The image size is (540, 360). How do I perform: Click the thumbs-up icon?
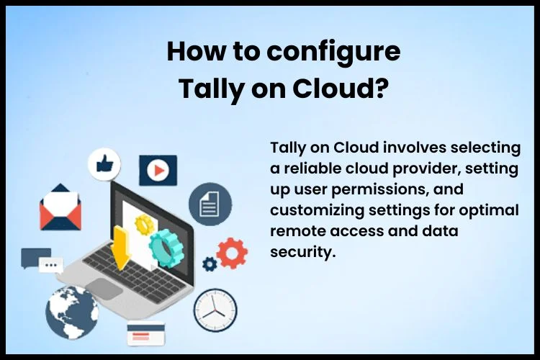point(104,163)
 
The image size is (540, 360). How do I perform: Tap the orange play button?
point(158,170)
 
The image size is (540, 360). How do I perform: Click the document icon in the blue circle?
point(210,204)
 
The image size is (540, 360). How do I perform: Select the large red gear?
point(232,253)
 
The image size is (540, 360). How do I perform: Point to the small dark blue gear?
point(210,264)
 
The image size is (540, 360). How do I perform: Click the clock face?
point(215,310)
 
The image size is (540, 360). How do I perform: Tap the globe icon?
point(72,312)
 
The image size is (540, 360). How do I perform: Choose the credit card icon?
point(146,333)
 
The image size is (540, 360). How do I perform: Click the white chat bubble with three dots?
point(51,265)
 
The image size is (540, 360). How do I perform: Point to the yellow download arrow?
point(121,248)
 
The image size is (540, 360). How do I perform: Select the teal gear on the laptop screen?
point(167,248)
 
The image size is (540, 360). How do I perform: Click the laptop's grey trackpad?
point(104,288)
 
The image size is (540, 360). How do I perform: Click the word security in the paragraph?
point(302,253)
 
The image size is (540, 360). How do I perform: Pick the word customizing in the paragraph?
point(317,210)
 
